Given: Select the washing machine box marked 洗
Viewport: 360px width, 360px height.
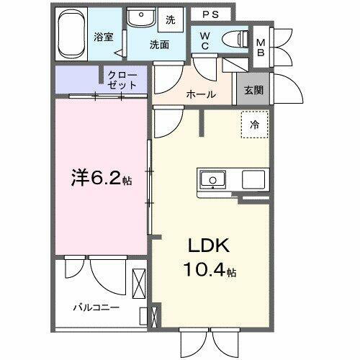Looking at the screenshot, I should pyautogui.click(x=171, y=19).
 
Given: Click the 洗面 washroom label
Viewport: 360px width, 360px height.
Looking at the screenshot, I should pyautogui.click(x=159, y=44).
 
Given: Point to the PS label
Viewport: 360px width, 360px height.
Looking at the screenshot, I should pyautogui.click(x=211, y=14).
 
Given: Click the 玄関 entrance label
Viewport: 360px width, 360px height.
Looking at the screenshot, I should pyautogui.click(x=253, y=90).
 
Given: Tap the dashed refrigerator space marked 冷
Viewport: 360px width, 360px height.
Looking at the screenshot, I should pyautogui.click(x=254, y=125).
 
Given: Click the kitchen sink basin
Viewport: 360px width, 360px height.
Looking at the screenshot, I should pyautogui.click(x=212, y=179).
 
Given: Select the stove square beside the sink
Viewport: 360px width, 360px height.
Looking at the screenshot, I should pyautogui.click(x=253, y=179).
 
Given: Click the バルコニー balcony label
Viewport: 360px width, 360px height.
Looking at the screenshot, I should pyautogui.click(x=96, y=307).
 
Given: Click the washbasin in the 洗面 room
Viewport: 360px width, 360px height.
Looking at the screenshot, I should pyautogui.click(x=138, y=18).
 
